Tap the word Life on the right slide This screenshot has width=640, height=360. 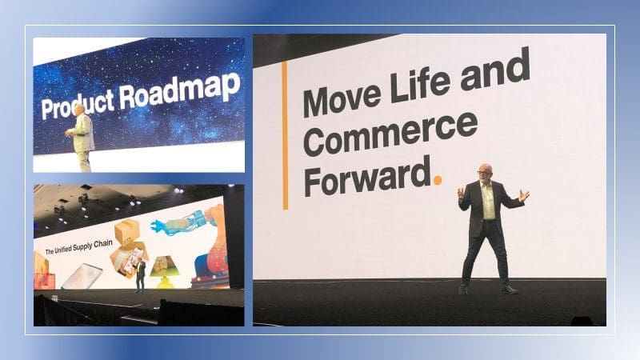pos(422,83)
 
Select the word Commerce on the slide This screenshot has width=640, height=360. pos(390,134)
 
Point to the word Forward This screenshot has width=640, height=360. pos(367,177)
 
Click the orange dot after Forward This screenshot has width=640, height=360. pos(438,179)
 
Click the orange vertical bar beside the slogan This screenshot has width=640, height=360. pos(285,135)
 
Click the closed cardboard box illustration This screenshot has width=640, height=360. pos(127,232)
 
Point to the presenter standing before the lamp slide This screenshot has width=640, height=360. pos(140,276)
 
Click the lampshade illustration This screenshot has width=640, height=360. pos(163,266)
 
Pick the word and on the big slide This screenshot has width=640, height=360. pos(495,69)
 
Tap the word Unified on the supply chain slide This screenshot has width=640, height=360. pos(63,250)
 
